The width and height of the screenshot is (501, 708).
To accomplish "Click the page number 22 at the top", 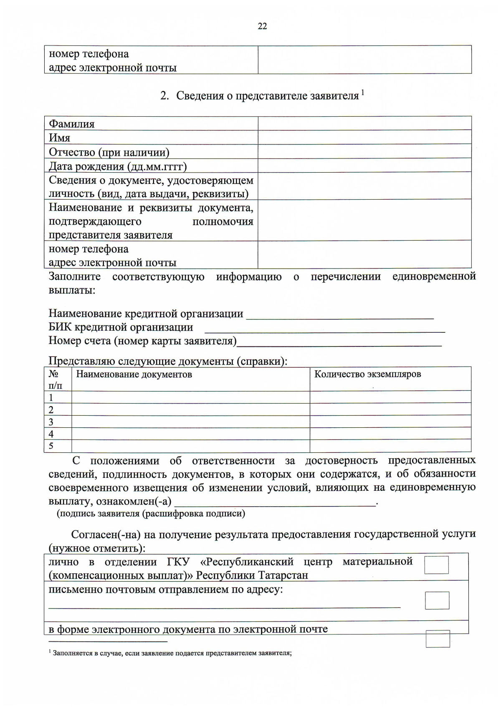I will click(262, 26).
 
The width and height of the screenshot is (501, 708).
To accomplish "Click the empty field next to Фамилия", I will click(364, 123).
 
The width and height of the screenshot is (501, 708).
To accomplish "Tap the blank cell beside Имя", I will click(364, 138).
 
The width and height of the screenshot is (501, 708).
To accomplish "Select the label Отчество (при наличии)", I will click(109, 152).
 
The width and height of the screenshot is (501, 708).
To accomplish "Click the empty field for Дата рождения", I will click(364, 166).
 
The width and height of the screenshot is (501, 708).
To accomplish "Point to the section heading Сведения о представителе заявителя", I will click(267, 95).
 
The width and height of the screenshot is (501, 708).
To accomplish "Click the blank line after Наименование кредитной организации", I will click(340, 315).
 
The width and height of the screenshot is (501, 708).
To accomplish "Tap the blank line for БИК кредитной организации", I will click(324, 329).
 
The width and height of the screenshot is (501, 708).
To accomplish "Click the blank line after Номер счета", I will click(339, 342).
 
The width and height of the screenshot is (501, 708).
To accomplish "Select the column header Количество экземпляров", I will click(367, 374).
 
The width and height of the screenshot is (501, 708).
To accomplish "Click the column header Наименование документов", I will click(134, 374).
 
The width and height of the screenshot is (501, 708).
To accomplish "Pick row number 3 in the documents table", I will click(51, 422).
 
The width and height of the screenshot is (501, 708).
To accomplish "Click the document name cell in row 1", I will click(190, 397).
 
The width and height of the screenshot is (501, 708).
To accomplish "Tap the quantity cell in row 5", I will click(390, 446).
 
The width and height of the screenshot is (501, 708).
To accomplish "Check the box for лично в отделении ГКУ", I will click(436, 565).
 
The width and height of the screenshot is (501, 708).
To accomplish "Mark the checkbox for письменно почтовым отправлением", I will click(437, 600).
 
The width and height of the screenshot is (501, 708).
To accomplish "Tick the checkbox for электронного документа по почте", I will click(438, 639).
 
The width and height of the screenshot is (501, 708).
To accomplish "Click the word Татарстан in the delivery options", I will click(283, 575).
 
